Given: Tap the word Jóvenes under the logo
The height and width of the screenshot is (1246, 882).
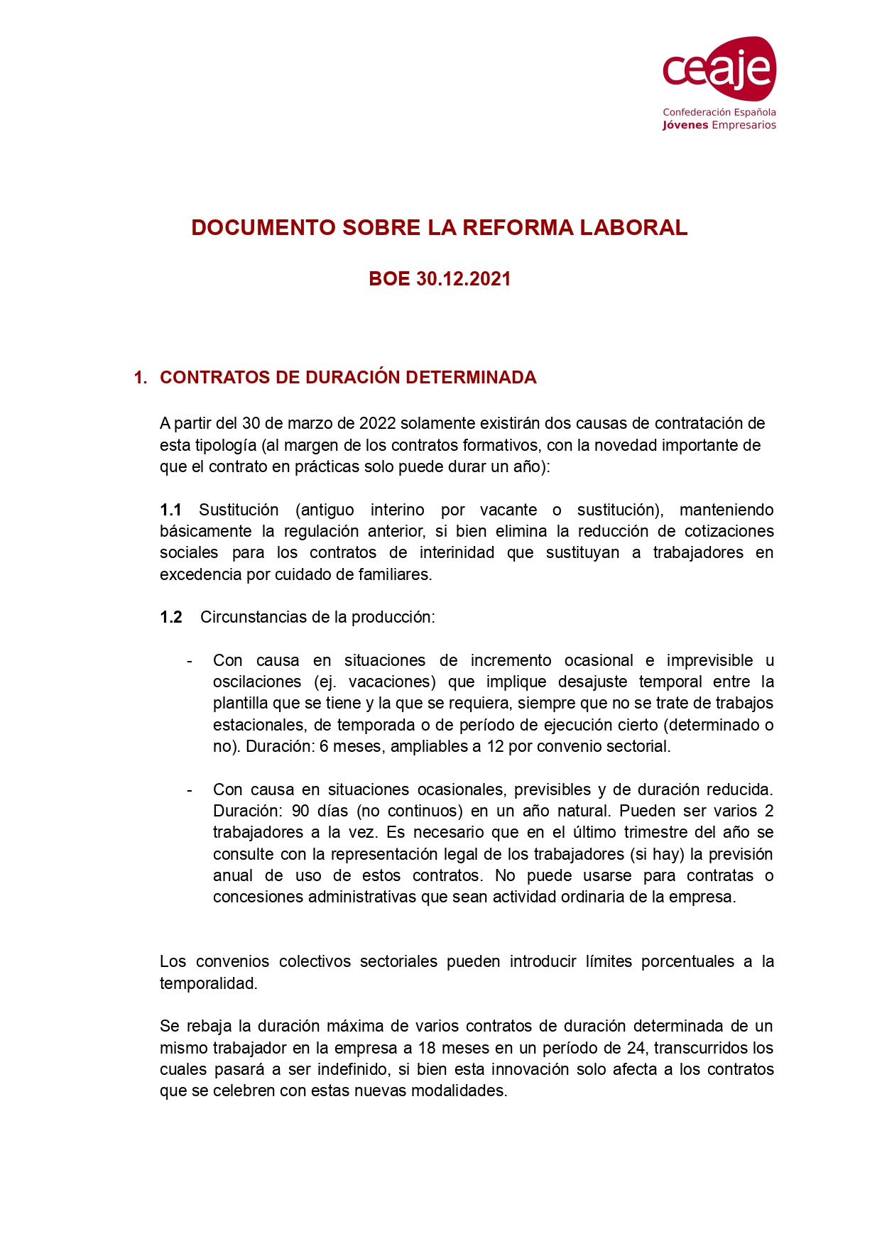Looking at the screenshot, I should [x=685, y=126].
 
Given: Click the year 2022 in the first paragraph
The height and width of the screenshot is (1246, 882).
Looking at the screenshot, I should [x=378, y=424].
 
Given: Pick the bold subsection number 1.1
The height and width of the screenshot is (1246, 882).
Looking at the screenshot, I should [x=170, y=510].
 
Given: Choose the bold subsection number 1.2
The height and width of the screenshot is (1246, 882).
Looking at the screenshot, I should [x=171, y=618].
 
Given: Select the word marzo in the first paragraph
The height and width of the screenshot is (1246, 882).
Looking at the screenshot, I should [x=310, y=424].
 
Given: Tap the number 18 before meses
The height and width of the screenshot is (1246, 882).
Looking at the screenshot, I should [x=426, y=1049].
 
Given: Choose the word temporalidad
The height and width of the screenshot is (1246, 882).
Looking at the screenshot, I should [x=207, y=984].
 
